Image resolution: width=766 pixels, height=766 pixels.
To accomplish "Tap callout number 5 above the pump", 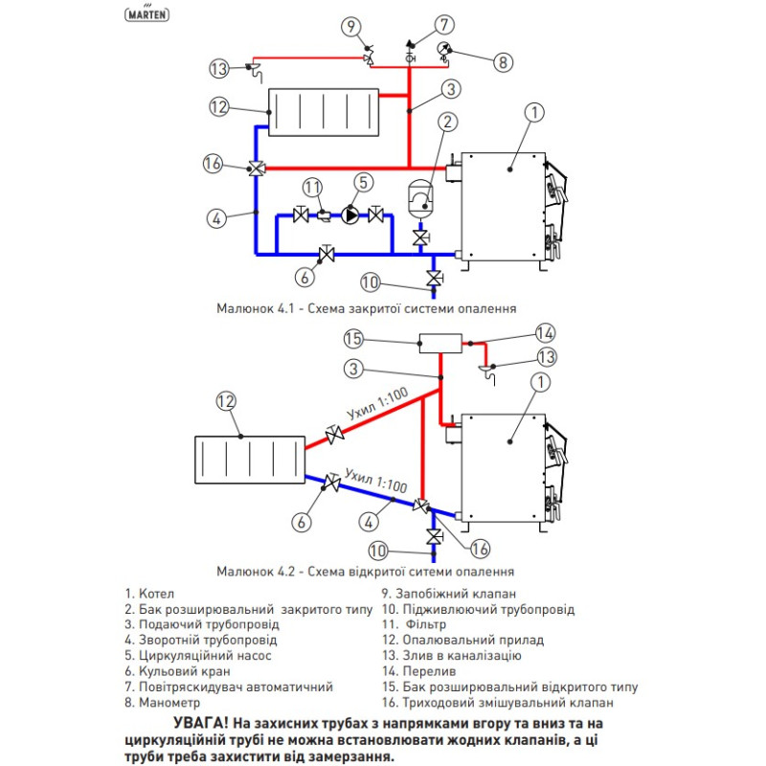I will (x=362, y=180).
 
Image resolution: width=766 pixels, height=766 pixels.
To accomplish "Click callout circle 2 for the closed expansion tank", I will (x=447, y=122).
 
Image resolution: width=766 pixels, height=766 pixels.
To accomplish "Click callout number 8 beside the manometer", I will (x=503, y=62).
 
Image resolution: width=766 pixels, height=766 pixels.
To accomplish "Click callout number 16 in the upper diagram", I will (x=213, y=164).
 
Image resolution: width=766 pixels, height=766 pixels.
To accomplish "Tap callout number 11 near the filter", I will (x=312, y=185).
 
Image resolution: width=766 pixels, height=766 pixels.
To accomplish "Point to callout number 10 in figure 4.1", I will (x=372, y=281).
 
